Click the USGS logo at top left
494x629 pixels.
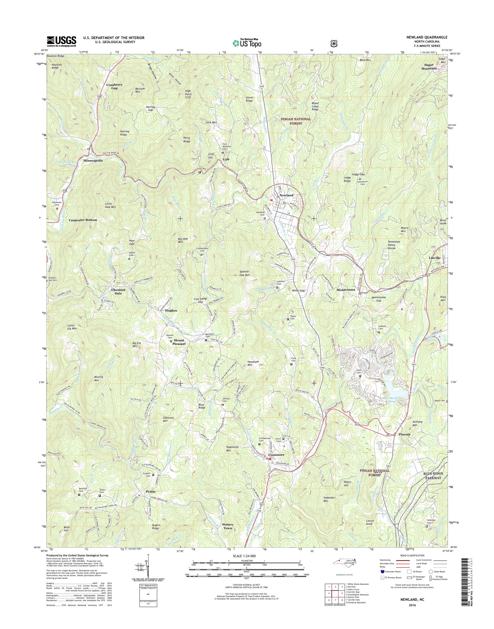click(x=62, y=41)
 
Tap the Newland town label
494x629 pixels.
click(x=286, y=195)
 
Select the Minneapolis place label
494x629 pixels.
click(x=93, y=160)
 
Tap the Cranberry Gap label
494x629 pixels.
click(x=115, y=86)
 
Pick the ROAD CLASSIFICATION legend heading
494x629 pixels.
click(x=413, y=564)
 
